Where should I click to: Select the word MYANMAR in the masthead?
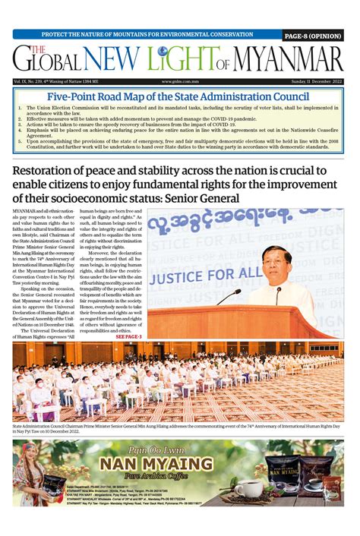(x=288, y=60)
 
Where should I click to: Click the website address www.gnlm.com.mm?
(x=180, y=81)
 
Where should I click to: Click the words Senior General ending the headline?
(x=207, y=199)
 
